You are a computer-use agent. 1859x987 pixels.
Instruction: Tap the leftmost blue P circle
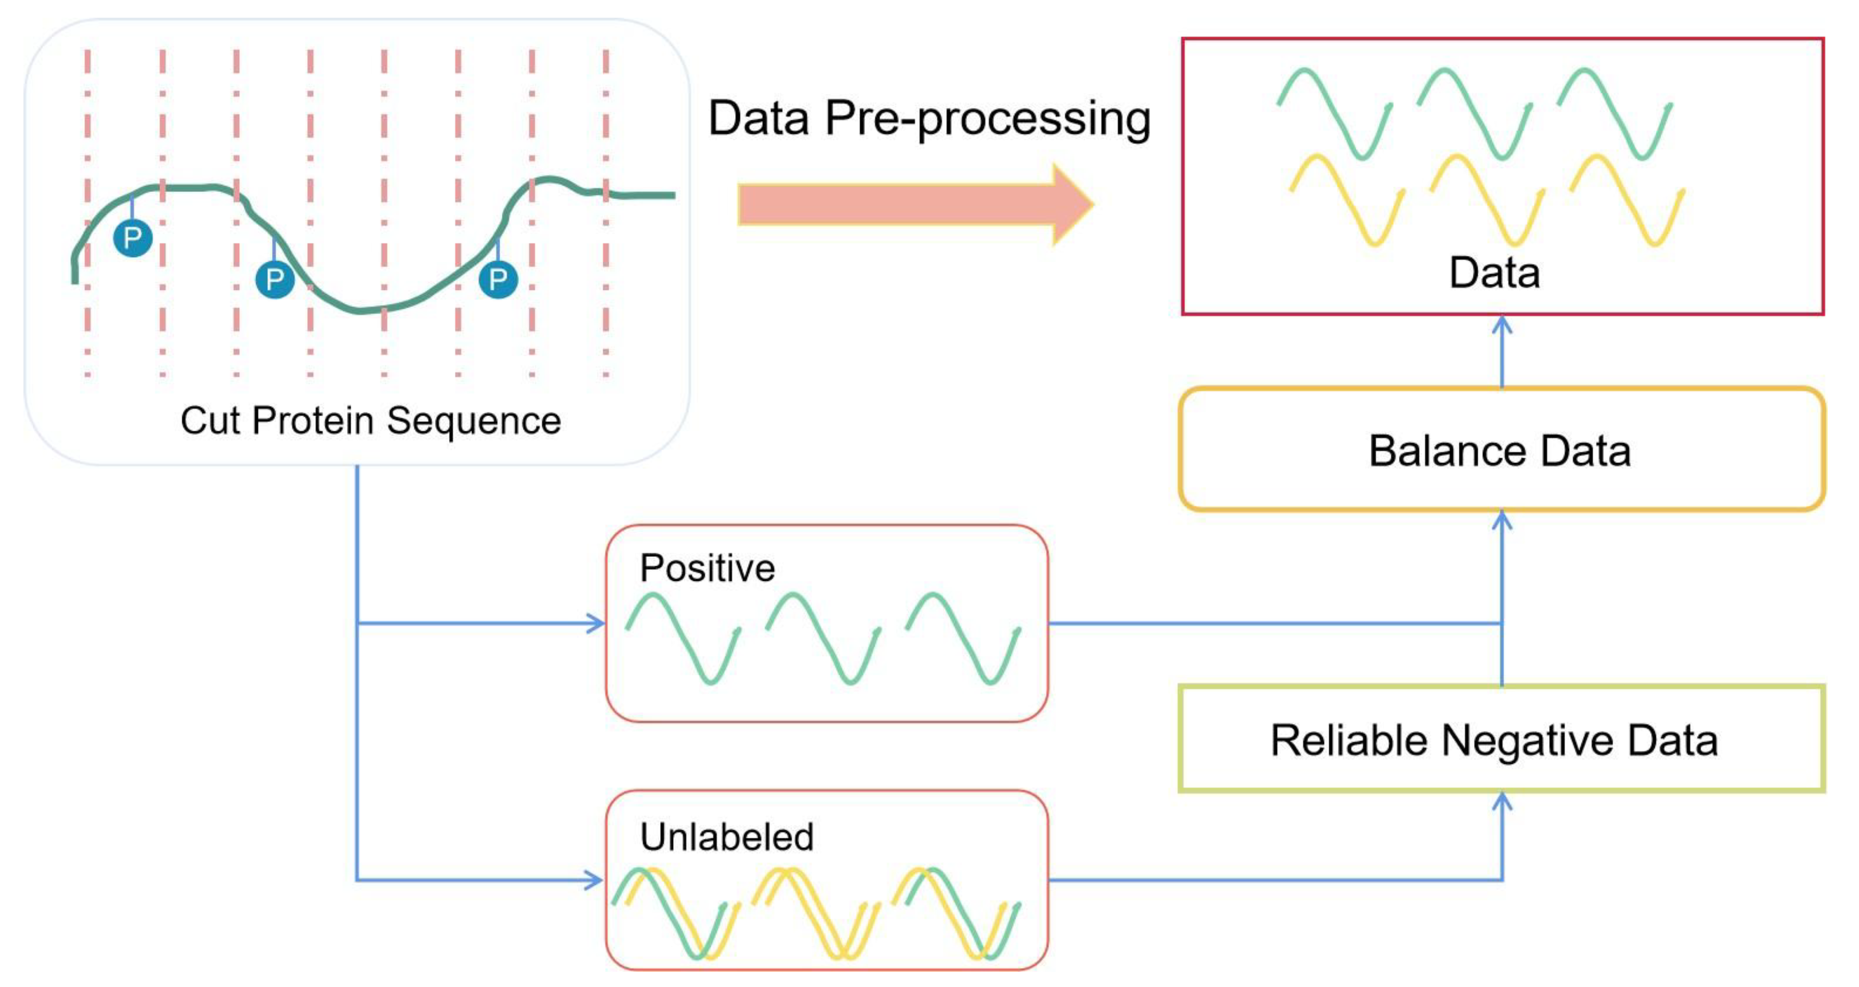tap(133, 238)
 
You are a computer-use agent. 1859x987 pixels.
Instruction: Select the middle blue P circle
tap(275, 279)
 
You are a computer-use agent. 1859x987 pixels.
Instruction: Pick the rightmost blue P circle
tap(498, 279)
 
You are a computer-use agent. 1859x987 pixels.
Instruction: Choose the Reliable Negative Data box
tap(1501, 739)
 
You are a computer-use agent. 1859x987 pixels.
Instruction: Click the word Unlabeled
tap(727, 837)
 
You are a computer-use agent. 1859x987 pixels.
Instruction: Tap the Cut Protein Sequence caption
tap(370, 420)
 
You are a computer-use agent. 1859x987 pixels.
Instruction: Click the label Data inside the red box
tap(1494, 273)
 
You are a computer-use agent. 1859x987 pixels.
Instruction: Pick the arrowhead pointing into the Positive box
tap(597, 623)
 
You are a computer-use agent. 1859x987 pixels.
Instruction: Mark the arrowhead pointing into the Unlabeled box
tap(596, 880)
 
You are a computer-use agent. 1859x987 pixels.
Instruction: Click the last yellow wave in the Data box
tap(1627, 199)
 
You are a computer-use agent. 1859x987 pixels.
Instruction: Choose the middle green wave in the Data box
tap(1474, 113)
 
